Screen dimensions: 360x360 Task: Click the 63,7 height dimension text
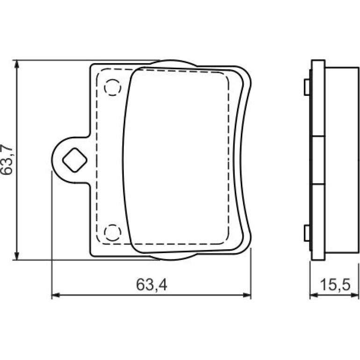[x=7, y=159]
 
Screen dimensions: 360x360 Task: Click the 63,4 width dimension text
[x=151, y=285]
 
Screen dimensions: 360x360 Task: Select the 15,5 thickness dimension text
[x=335, y=285]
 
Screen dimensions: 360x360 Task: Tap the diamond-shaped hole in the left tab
[x=75, y=160]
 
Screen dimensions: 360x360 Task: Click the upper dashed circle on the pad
[x=113, y=87]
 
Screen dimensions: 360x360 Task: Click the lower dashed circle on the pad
[x=113, y=232]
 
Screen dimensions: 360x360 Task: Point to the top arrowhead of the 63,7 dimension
[x=16, y=65]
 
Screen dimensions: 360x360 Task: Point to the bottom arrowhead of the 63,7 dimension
[x=16, y=256]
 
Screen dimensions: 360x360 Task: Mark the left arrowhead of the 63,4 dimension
[x=56, y=295]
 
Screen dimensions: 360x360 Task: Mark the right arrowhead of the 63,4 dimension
[x=246, y=295]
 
